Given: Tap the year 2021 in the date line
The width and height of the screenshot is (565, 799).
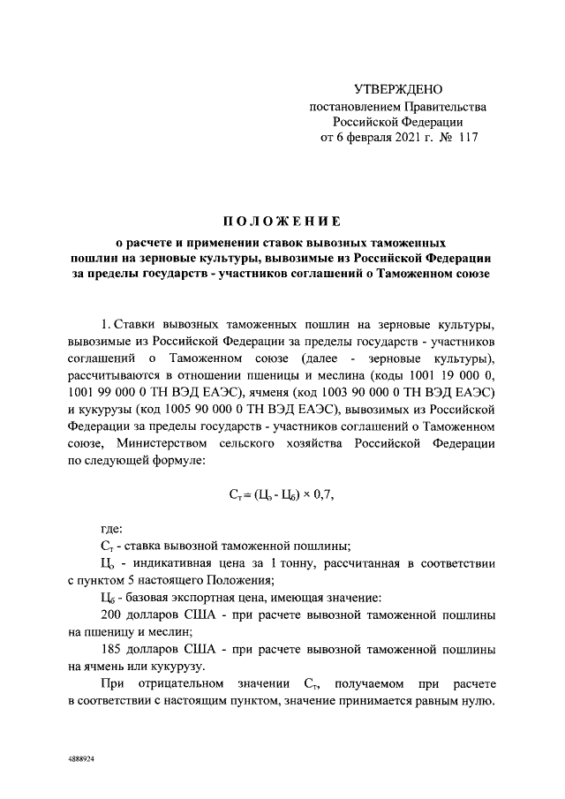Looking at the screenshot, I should [x=397, y=138].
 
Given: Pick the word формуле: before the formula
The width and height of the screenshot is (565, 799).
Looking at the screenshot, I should [x=176, y=460].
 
